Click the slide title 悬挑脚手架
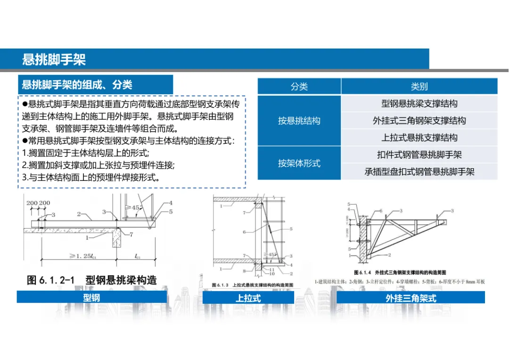[54, 60]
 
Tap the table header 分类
[299, 87]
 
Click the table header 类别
[419, 87]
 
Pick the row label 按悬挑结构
[299, 121]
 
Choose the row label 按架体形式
[299, 163]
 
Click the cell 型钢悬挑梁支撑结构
[419, 104]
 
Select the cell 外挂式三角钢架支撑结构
[419, 121]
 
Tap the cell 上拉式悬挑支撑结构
[419, 138]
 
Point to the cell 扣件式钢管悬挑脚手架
[419, 155]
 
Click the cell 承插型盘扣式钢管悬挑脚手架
[419, 172]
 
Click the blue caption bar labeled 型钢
[92, 297]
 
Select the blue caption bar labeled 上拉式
[248, 298]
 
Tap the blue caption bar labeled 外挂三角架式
[410, 298]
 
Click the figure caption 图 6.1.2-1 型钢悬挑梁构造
[92, 280]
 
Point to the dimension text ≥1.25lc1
[79, 257]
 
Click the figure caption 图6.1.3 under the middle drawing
[253, 285]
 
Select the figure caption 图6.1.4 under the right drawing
[400, 272]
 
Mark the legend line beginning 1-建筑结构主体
[400, 282]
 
